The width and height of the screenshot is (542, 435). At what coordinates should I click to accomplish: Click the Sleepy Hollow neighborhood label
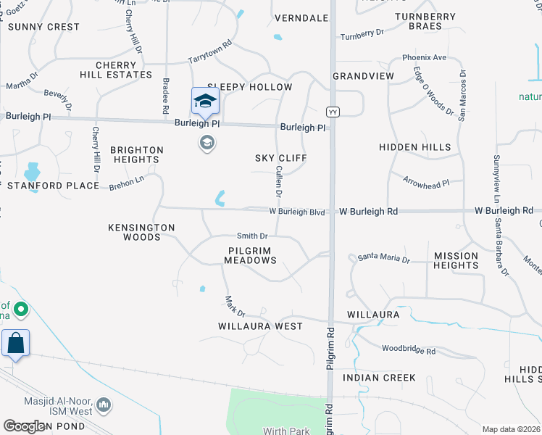(249, 87)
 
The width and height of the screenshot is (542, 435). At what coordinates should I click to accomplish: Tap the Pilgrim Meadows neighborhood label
(249, 255)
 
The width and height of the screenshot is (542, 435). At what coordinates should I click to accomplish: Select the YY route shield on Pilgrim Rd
(333, 112)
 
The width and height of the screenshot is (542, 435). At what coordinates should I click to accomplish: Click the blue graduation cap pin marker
(205, 101)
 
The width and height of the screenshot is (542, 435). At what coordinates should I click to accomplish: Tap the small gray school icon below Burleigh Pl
(207, 142)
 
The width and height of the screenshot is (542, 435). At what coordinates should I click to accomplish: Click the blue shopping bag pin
(15, 344)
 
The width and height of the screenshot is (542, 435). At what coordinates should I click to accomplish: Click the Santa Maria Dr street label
(383, 259)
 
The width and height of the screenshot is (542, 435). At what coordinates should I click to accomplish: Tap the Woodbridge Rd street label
(409, 351)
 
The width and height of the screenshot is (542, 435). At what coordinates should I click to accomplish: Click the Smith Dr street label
(252, 236)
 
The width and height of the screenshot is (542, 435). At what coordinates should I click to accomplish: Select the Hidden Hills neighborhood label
(414, 147)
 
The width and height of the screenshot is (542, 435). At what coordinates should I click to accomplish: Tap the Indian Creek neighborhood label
(379, 378)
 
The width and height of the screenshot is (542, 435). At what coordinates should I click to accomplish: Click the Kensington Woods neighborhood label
(141, 232)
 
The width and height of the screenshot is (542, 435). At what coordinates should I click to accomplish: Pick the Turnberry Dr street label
(362, 34)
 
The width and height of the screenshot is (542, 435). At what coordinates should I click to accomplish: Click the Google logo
(24, 426)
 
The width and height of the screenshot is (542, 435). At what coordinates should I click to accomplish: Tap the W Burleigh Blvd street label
(296, 212)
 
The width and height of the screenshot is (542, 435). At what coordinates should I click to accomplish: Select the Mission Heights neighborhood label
(456, 260)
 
